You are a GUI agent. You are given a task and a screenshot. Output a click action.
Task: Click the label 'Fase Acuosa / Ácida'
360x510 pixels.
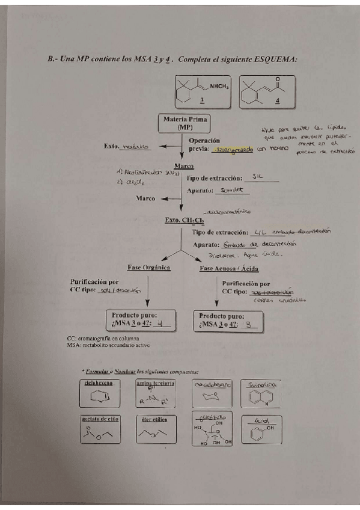click(225, 268)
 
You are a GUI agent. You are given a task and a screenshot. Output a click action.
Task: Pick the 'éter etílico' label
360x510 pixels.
click(156, 419)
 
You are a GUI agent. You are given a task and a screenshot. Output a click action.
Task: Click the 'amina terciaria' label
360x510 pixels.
click(156, 382)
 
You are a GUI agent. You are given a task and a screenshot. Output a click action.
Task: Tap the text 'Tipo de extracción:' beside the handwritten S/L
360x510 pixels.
click(217, 178)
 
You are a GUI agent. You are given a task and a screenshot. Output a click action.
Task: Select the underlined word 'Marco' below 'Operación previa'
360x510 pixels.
click(184, 165)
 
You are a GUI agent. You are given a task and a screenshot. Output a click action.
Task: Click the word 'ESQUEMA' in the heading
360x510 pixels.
click(271, 59)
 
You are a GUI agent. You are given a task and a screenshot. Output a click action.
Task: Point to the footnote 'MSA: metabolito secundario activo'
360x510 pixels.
click(108, 345)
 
